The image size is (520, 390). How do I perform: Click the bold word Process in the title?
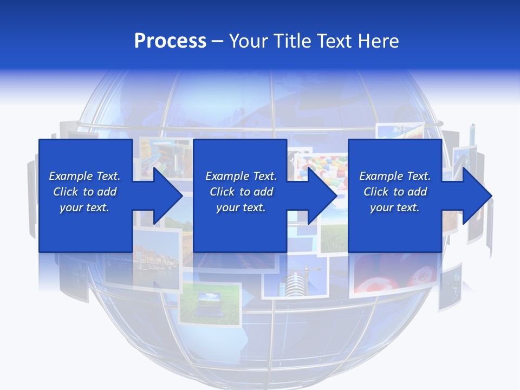coord(170,41)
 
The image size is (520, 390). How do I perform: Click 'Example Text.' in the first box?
coord(84,176)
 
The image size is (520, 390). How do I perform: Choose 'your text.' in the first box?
coord(84,207)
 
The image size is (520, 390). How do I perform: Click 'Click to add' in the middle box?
coord(241,192)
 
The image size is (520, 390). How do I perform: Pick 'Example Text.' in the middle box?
coord(241,176)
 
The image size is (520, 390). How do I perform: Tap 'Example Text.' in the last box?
coord(395,176)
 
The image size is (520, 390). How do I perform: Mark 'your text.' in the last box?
coord(395,207)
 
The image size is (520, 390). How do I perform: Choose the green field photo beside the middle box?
coord(333,238)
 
